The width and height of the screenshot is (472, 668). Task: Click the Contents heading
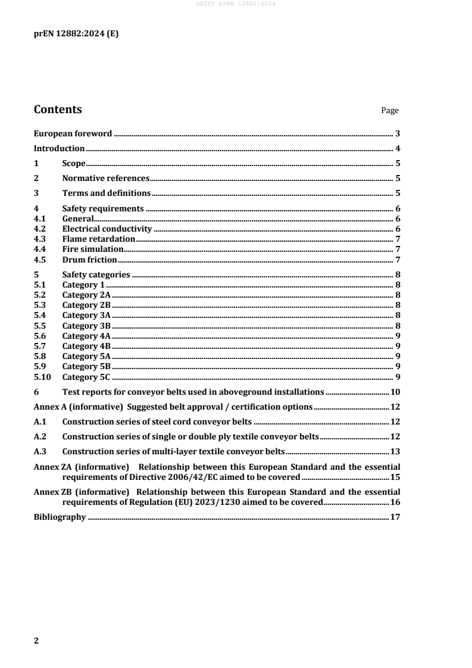(x=58, y=110)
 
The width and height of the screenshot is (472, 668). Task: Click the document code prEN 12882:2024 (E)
(x=76, y=34)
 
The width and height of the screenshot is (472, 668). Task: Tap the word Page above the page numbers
(x=390, y=111)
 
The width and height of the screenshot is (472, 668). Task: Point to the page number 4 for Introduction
(x=397, y=148)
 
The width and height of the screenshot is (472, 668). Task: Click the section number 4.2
(x=40, y=229)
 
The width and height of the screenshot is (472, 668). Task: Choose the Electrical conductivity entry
(x=107, y=229)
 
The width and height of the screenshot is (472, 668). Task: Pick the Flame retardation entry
(x=98, y=239)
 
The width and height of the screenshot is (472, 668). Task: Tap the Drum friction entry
(x=89, y=260)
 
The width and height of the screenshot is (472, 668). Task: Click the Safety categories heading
(x=96, y=274)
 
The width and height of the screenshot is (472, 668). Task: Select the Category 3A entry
(x=86, y=315)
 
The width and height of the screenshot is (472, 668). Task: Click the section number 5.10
(x=42, y=377)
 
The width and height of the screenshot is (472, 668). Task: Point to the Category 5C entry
(x=86, y=377)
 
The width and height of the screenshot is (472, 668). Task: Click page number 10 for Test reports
(x=395, y=392)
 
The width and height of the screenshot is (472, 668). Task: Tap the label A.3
(x=40, y=451)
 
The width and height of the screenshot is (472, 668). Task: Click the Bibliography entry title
(x=60, y=517)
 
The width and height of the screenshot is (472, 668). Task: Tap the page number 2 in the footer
(x=36, y=641)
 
